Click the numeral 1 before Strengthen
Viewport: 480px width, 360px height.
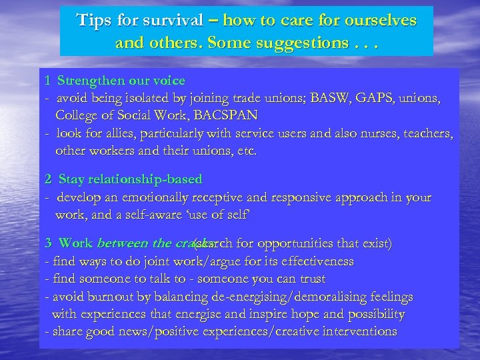pos(48,81)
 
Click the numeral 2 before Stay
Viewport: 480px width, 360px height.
pos(48,180)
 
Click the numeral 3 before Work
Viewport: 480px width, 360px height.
pos(48,244)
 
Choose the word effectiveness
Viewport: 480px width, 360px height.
pos(313,261)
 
